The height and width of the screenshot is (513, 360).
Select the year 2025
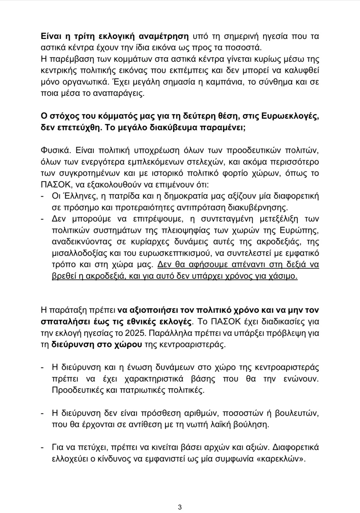tap(136, 333)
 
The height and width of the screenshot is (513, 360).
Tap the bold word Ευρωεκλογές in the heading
tap(290, 116)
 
